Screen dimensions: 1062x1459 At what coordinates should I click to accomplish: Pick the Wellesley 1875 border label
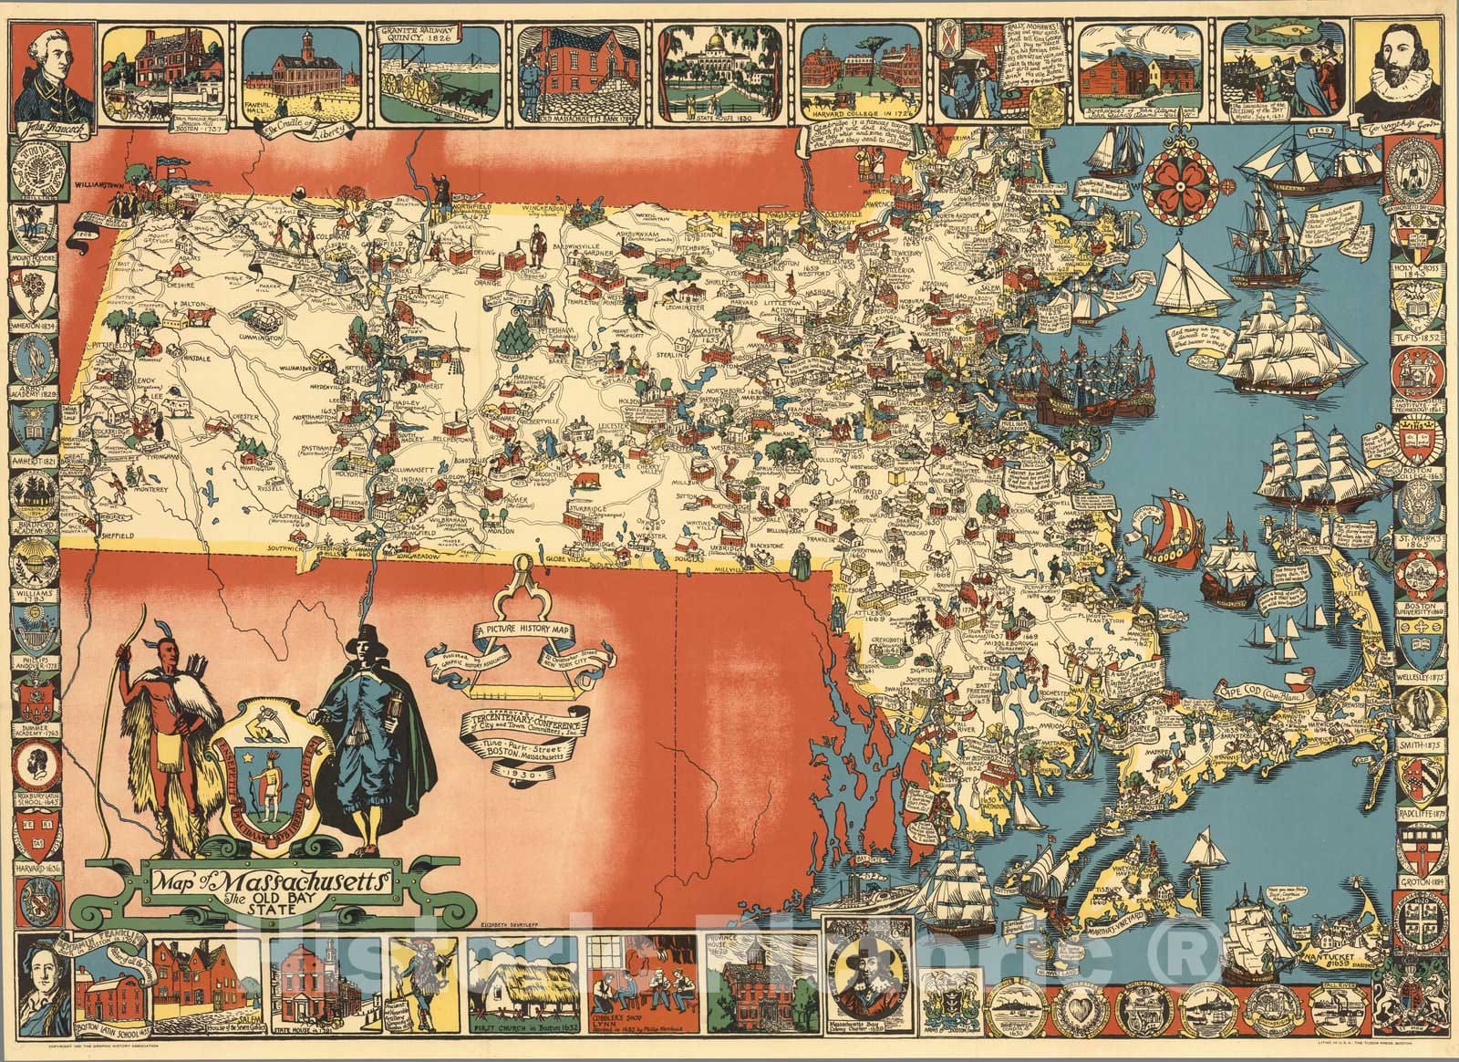coord(1422,678)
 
